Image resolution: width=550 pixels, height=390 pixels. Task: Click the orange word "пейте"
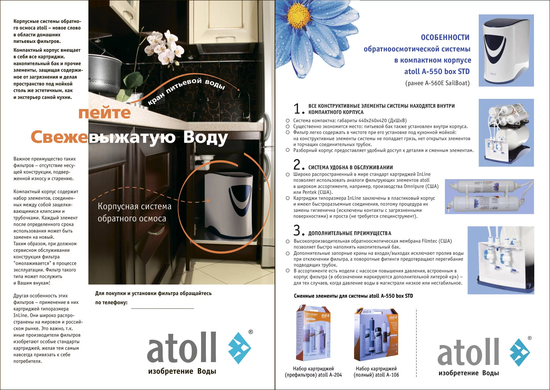point(104,113)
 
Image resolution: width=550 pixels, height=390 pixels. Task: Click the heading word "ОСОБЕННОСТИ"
point(445,37)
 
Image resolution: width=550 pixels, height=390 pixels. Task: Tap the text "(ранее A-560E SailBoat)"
point(437,83)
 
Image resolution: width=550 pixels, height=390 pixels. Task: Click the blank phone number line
point(162,308)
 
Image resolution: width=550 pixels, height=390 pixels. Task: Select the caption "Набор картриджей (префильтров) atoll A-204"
point(313,372)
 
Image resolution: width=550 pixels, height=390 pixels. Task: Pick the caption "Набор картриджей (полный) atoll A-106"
point(376,372)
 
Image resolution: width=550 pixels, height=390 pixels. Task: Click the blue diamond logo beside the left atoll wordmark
point(240,348)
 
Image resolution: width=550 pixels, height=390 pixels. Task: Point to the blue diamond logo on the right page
point(520,352)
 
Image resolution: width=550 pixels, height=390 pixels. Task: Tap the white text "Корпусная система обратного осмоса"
point(134,212)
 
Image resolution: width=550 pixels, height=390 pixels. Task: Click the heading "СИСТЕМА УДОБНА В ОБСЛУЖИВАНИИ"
point(350,168)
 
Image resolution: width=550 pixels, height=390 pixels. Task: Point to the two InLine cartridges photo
point(489,196)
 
